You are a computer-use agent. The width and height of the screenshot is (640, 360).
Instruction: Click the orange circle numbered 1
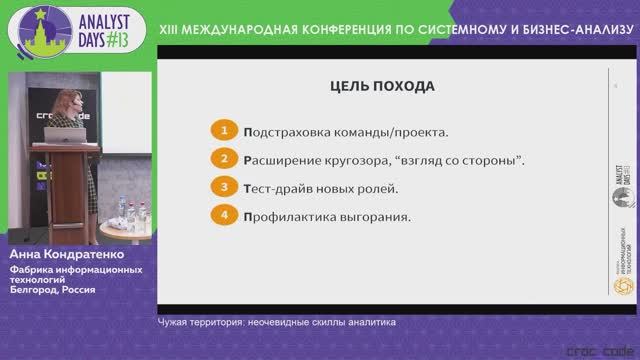click(x=226, y=131)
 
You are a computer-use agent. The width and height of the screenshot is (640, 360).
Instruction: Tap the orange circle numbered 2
click(x=226, y=159)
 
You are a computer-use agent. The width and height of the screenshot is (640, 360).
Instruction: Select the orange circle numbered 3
click(x=226, y=187)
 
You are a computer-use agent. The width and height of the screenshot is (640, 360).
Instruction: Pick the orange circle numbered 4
click(x=226, y=214)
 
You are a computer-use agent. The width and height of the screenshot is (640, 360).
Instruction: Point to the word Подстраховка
click(x=285, y=132)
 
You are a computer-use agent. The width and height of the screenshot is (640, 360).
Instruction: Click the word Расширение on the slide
click(x=283, y=159)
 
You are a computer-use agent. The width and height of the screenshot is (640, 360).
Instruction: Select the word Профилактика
click(x=288, y=215)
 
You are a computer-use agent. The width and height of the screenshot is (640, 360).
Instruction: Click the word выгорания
click(x=377, y=215)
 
